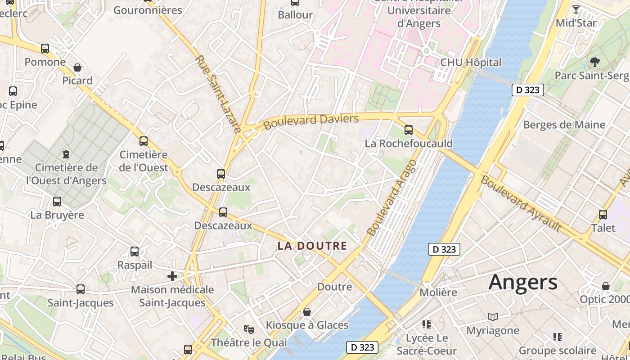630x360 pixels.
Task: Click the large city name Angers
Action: click(x=523, y=282)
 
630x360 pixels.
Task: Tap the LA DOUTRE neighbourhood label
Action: click(x=312, y=246)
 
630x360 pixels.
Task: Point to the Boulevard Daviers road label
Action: click(x=311, y=121)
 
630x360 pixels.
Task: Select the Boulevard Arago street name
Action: click(x=391, y=198)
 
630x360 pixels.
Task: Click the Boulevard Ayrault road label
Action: click(x=521, y=203)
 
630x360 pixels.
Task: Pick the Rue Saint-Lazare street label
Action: click(x=219, y=94)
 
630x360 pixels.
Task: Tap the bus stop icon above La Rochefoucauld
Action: click(x=409, y=130)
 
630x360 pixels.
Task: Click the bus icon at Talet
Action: click(x=603, y=215)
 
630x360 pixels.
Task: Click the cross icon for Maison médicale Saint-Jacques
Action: click(x=172, y=276)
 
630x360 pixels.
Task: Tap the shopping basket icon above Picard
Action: click(x=77, y=67)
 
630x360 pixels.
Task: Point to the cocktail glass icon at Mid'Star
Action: click(x=576, y=9)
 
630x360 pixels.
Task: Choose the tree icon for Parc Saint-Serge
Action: click(x=595, y=62)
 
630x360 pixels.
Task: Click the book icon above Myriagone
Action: click(x=493, y=317)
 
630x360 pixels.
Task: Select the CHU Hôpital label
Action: click(x=471, y=63)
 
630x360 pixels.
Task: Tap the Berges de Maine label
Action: click(x=564, y=125)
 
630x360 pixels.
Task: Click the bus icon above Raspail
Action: click(x=135, y=252)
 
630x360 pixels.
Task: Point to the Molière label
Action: click(x=438, y=292)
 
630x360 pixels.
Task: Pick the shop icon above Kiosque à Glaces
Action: click(x=307, y=311)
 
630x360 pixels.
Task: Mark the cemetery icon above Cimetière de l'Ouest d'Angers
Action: click(x=66, y=154)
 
